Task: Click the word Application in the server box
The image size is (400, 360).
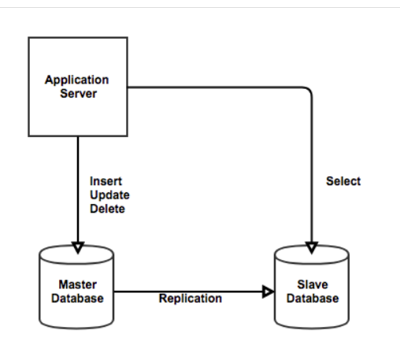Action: click(x=76, y=80)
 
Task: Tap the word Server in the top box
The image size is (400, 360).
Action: click(x=79, y=94)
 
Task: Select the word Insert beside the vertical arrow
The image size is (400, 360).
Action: click(x=106, y=181)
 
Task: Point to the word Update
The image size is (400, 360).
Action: click(x=109, y=195)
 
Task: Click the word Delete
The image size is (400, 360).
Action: click(x=107, y=209)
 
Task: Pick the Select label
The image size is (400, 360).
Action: click(x=343, y=181)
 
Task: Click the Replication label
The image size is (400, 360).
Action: click(x=191, y=299)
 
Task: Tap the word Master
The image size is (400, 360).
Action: click(x=78, y=284)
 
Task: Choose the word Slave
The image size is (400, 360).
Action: click(x=313, y=284)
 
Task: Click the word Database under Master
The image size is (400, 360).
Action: click(x=77, y=299)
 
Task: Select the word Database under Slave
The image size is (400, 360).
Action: click(x=313, y=299)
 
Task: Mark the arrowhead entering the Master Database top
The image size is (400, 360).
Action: click(x=78, y=247)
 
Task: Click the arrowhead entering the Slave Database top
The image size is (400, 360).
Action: click(x=312, y=247)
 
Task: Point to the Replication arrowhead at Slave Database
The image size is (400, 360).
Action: click(x=268, y=291)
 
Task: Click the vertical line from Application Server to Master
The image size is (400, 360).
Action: click(x=78, y=189)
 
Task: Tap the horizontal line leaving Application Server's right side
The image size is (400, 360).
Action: click(x=215, y=87)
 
